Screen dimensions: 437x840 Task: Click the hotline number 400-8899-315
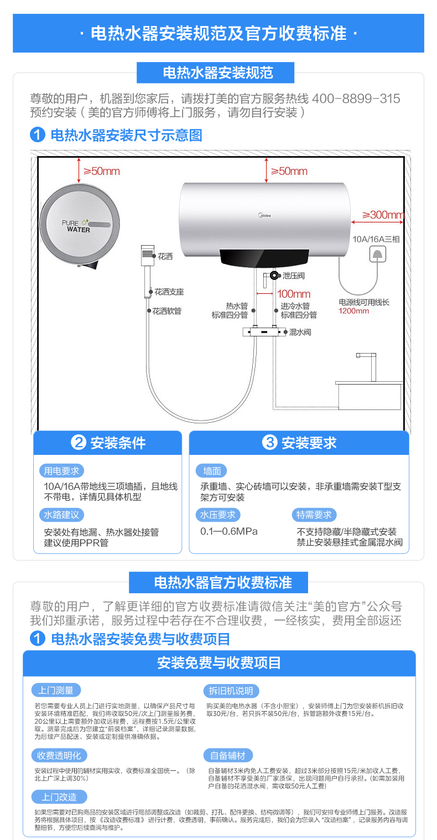point(356,98)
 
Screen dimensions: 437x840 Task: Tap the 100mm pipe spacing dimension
point(294,294)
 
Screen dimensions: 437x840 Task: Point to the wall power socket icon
point(378,254)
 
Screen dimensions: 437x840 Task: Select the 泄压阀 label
point(294,276)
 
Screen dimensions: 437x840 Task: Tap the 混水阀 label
point(300,332)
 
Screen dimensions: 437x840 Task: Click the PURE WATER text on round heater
point(76,226)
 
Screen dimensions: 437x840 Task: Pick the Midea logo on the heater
point(264,215)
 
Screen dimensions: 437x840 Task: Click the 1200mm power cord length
point(353,311)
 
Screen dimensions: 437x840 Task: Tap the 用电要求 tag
point(61,471)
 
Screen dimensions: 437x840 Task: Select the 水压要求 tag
point(218,515)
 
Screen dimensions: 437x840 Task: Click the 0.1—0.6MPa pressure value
point(228,531)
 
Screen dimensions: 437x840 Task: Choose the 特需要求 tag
point(314,515)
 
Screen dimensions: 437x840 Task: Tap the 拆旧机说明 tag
point(231,691)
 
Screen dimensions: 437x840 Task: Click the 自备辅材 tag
point(228,756)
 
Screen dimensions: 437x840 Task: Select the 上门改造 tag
point(59,797)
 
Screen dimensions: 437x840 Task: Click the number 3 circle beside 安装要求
point(269,443)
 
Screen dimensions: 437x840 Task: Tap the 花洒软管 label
point(167,311)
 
